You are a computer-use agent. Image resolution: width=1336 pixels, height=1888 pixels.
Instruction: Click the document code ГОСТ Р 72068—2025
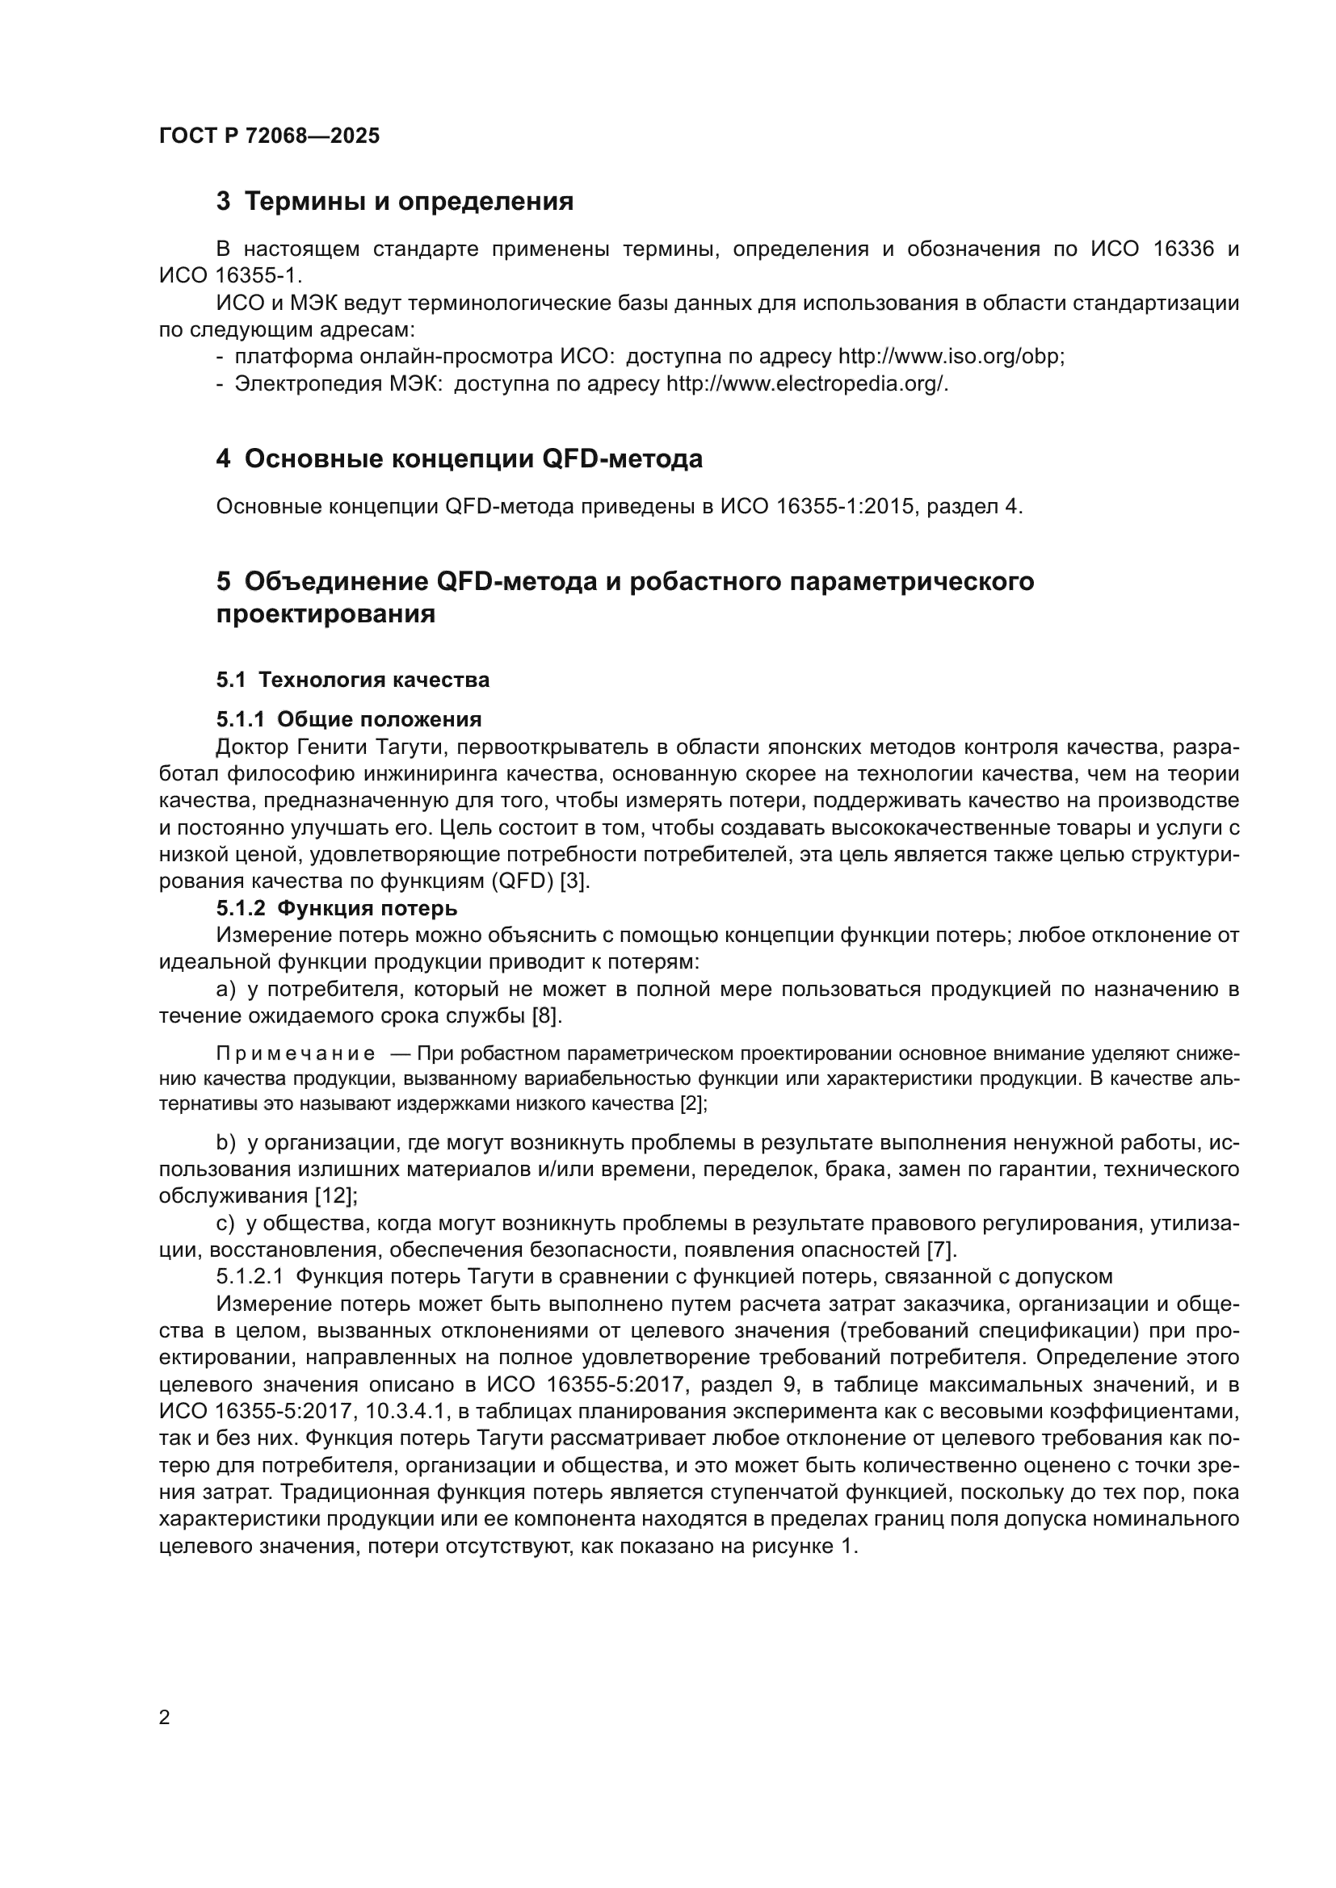coord(269,136)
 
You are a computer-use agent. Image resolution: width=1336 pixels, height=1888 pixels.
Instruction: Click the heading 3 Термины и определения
coord(394,202)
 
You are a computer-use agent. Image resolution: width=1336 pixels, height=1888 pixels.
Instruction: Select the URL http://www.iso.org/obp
coord(950,357)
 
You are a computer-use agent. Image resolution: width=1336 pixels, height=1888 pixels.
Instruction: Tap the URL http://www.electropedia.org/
coord(806,384)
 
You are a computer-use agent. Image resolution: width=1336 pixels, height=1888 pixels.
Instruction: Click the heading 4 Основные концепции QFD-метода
coord(459,458)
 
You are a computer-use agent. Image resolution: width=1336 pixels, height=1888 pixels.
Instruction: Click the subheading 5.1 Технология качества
coord(353,680)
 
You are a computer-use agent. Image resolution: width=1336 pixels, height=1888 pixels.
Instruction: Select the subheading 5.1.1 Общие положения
coord(349,719)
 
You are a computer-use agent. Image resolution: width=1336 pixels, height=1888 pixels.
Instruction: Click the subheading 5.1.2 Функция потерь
coord(337,909)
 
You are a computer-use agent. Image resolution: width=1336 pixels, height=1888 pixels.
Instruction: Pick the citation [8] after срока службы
coord(546,1016)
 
